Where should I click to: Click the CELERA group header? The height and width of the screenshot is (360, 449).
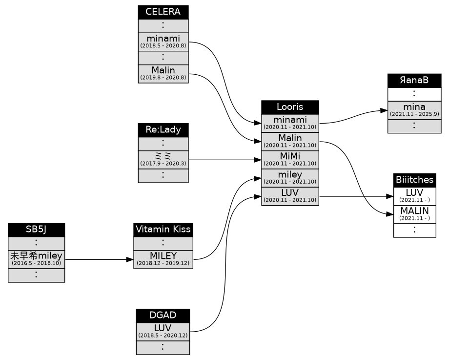(x=163, y=12)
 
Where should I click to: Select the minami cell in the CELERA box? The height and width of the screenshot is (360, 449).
(x=163, y=42)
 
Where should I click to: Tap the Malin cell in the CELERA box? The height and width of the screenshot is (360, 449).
(x=163, y=73)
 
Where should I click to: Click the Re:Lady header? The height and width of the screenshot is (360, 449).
(x=163, y=130)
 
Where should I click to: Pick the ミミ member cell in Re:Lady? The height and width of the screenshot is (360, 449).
(x=163, y=159)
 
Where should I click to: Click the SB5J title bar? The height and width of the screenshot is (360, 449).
(x=36, y=230)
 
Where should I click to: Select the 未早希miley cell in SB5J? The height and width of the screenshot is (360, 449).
(x=36, y=259)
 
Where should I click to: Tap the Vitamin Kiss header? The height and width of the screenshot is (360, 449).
(x=163, y=230)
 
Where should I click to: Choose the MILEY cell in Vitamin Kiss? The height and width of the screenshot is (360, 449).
(x=163, y=259)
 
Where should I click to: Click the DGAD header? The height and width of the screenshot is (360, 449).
(x=163, y=315)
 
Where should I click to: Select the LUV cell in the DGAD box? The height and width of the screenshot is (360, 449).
(x=163, y=331)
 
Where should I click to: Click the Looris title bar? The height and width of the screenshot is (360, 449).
(x=290, y=107)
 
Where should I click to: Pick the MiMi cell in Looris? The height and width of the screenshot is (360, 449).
(x=290, y=159)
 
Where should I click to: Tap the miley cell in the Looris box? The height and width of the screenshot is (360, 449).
(x=290, y=178)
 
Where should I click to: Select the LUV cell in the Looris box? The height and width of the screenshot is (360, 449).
(x=290, y=196)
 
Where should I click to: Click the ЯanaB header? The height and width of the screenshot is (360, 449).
(x=414, y=81)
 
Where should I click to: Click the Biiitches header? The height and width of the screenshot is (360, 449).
(x=414, y=180)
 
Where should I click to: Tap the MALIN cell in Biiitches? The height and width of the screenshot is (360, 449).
(x=414, y=213)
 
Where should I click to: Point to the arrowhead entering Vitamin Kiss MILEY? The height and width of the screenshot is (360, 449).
(x=130, y=259)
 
